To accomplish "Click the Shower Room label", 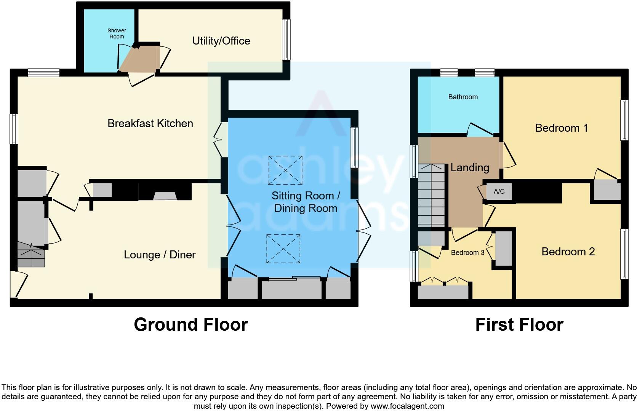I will [x=117, y=33].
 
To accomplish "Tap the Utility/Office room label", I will [x=221, y=41].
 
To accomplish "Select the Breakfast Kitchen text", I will [x=150, y=123].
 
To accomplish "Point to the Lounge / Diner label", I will [x=160, y=255].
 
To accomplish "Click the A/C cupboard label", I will [x=499, y=191].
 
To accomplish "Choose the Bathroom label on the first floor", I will [x=463, y=97].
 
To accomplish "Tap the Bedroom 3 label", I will [x=467, y=253].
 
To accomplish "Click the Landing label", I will [x=469, y=167].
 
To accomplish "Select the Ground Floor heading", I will [x=190, y=325].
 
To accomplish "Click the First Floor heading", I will [x=519, y=325].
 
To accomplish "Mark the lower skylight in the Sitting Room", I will [x=283, y=249].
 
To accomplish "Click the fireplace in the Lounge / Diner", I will [x=165, y=196].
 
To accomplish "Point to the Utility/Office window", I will [x=286, y=40].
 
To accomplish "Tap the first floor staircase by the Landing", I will [x=431, y=196].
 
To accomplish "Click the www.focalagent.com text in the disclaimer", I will [x=407, y=406].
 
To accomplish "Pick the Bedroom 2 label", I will [x=568, y=252].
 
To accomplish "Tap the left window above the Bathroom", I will [x=449, y=73].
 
